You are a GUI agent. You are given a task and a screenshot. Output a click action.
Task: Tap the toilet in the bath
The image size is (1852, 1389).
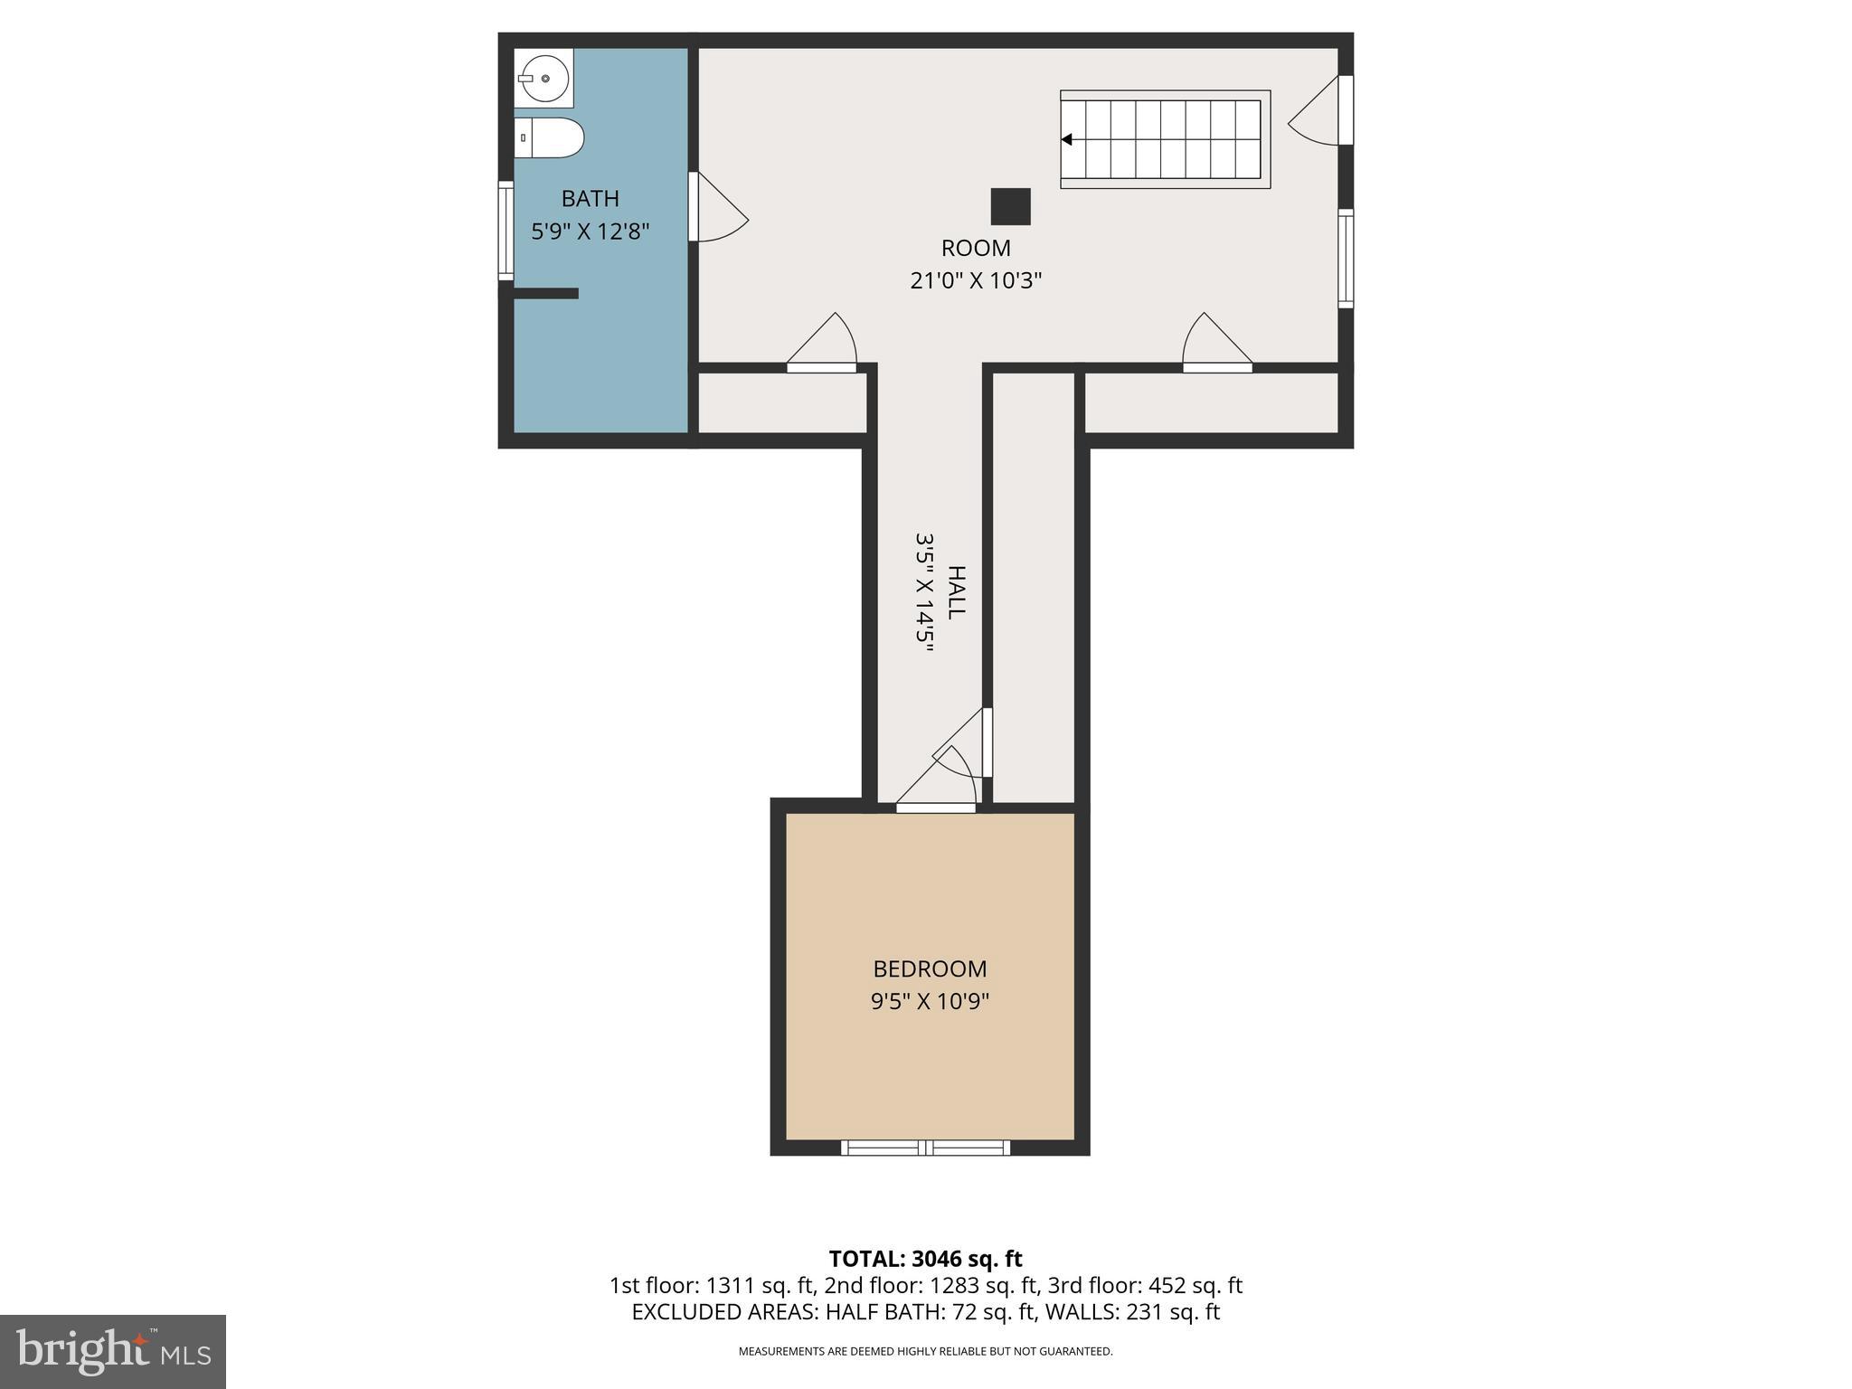tap(550, 137)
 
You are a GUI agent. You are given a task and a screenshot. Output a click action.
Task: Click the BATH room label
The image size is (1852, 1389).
tap(590, 198)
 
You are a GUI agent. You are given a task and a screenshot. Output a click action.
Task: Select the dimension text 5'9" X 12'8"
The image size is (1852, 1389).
tap(590, 231)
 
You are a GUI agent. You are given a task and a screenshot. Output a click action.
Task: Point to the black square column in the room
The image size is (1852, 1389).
tap(1010, 206)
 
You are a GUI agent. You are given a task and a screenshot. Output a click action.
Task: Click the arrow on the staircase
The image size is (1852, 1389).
tap(1067, 139)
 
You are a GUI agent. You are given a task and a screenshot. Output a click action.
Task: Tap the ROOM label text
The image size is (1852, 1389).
tap(976, 248)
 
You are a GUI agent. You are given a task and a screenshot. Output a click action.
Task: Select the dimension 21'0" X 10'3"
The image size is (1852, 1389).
tap(976, 280)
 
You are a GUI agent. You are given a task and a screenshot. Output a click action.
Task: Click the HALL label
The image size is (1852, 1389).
tap(956, 592)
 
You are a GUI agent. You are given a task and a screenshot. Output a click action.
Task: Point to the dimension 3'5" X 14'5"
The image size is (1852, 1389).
tap(923, 592)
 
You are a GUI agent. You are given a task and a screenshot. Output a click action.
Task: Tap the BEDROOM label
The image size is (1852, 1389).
tap(930, 969)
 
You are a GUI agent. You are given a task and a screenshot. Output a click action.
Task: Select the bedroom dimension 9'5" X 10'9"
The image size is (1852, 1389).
tap(930, 1002)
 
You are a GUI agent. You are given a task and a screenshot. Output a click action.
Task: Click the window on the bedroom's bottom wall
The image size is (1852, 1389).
tap(925, 1148)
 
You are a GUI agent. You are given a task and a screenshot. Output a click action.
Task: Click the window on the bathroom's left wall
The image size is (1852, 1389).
tap(506, 231)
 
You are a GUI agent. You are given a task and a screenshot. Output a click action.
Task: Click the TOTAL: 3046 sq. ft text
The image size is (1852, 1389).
tap(925, 1259)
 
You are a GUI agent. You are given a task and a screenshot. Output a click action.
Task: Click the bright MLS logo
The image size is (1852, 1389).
tap(113, 1351)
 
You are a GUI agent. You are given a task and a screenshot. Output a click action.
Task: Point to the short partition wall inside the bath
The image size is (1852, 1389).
tap(545, 293)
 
